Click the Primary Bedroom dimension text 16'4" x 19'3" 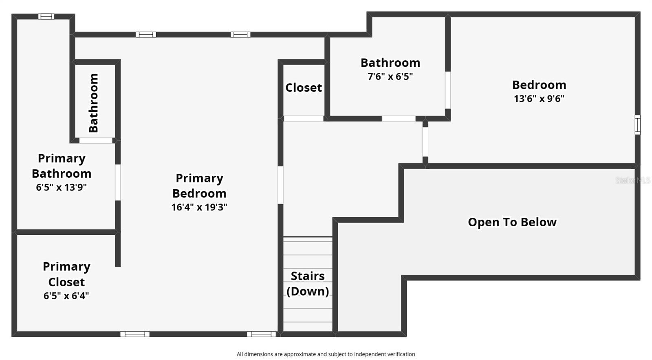[199, 207]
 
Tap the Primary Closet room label [66, 274]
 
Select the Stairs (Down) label [308, 283]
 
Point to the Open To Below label [512, 222]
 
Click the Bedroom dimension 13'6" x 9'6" [539, 99]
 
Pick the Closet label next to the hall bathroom [304, 88]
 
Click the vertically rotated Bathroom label [94, 103]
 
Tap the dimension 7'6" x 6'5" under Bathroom [390, 77]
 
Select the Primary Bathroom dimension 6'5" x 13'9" [61, 188]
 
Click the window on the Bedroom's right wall [637, 124]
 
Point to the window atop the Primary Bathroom [46, 17]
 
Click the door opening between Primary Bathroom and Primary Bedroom [118, 182]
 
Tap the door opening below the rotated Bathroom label [96, 140]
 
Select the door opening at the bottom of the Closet [304, 119]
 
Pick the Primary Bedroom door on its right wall [280, 185]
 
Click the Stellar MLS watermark [632, 180]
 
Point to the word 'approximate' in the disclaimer [300, 354]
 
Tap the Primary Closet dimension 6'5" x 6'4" [66, 296]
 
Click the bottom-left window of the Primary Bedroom [135, 334]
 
